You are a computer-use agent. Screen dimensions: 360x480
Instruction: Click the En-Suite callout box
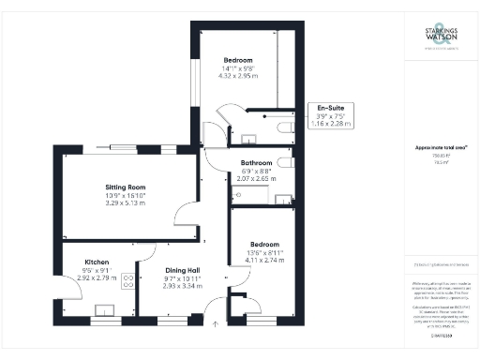pyautogui.click(x=330, y=114)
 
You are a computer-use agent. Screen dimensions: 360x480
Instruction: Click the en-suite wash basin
pyautogui.click(x=249, y=140)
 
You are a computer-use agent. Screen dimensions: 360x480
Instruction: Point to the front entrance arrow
pyautogui.click(x=215, y=324)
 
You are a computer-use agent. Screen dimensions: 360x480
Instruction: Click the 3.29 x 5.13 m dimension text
pyautogui.click(x=122, y=202)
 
